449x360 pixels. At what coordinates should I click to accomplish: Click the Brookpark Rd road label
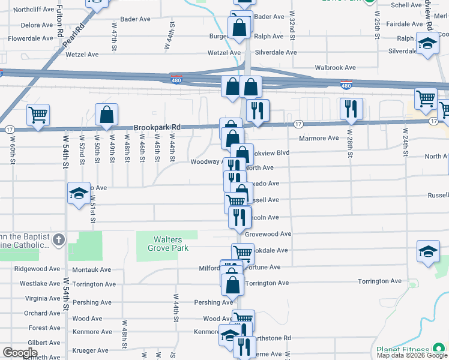pyautogui.click(x=157, y=127)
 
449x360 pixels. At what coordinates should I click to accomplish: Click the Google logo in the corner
pyautogui.click(x=20, y=352)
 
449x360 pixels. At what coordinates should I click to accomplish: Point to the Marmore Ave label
pyautogui.click(x=319, y=138)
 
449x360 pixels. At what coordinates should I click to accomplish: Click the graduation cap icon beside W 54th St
pyautogui.click(x=79, y=193)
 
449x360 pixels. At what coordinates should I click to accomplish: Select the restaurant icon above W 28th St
pyautogui.click(x=351, y=109)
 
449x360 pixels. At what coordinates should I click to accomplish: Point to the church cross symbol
pyautogui.click(x=58, y=240)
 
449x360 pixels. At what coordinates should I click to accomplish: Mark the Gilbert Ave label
pyautogui.click(x=44, y=343)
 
